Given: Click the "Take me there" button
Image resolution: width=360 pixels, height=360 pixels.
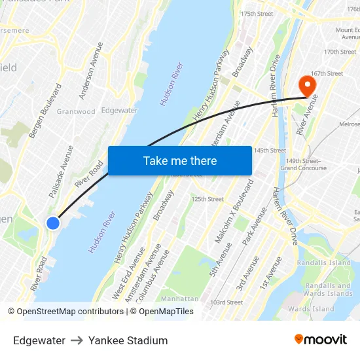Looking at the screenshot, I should pyautogui.click(x=179, y=160).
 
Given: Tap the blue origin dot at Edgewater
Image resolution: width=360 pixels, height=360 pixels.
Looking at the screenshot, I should pyautogui.click(x=53, y=223).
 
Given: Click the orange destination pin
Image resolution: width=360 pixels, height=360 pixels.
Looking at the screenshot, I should pyautogui.click(x=306, y=86).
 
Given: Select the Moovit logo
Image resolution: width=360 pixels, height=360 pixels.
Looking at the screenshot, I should pyautogui.click(x=320, y=340).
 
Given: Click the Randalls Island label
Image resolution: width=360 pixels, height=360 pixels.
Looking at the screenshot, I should pyautogui.click(x=323, y=263).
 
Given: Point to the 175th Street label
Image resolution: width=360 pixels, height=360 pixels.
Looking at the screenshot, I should pyautogui.click(x=257, y=14).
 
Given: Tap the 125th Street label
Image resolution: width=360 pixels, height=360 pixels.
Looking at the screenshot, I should pyautogui.click(x=207, y=199).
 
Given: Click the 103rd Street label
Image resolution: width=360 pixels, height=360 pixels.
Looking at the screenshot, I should pyautogui.click(x=226, y=302).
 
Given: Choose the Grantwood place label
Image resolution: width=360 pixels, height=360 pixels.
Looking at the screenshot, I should pyautogui.click(x=76, y=112).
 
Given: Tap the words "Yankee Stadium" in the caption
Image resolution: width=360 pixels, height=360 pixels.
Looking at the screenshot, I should pyautogui.click(x=128, y=340).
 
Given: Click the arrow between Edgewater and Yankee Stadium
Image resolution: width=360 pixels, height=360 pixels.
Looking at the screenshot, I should pyautogui.click(x=77, y=340).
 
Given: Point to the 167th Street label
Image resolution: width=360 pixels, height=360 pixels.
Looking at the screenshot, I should pyautogui.click(x=327, y=74).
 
